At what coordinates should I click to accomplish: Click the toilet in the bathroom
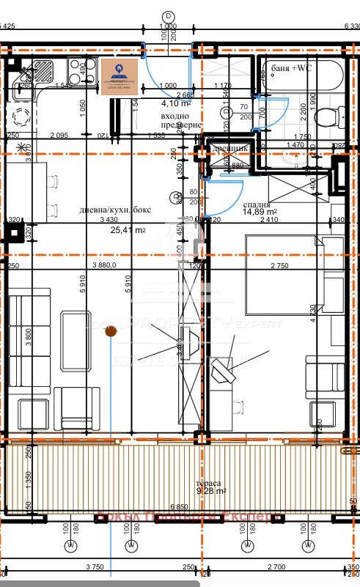(x=326, y=116)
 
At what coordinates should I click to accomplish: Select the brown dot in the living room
(x=111, y=332)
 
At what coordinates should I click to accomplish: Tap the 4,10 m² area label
(x=175, y=103)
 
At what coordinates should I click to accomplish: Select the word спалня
(x=259, y=205)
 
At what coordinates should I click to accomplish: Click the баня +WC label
(x=292, y=67)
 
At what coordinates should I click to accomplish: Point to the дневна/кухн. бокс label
(x=116, y=210)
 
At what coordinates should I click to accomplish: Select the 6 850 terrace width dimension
(x=179, y=507)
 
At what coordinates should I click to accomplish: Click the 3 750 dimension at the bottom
(x=92, y=566)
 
